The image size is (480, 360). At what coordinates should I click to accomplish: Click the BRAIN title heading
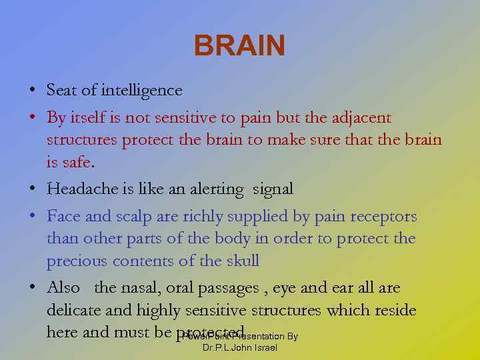tap(239, 47)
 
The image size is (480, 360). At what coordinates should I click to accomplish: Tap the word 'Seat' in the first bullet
tap(61, 90)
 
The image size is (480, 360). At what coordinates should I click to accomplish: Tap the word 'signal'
tap(273, 189)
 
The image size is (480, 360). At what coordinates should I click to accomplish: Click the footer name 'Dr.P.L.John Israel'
tap(239, 348)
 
